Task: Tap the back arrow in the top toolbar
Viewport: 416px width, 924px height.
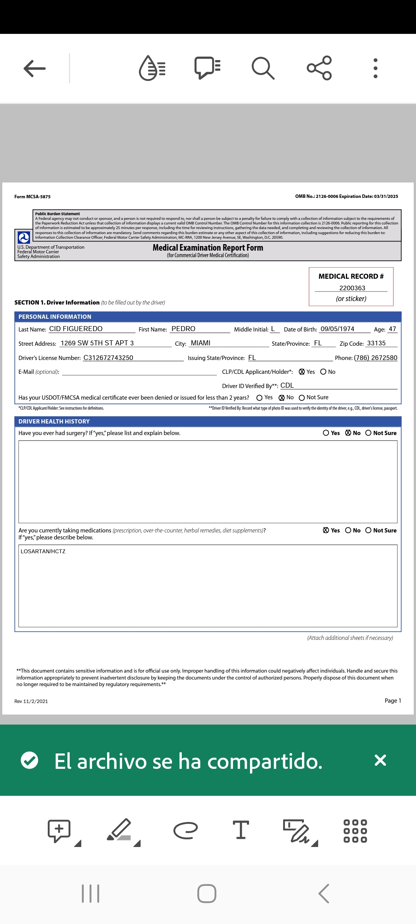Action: (x=35, y=69)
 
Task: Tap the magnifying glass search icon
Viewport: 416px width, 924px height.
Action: (x=263, y=68)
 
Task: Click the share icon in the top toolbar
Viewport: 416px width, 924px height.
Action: (x=319, y=68)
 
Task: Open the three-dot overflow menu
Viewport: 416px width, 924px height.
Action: (x=376, y=68)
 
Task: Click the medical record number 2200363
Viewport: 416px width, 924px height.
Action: (x=352, y=288)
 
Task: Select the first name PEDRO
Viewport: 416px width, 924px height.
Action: (x=183, y=329)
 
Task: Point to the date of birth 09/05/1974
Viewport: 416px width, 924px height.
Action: (x=337, y=329)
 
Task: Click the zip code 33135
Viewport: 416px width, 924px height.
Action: (x=376, y=343)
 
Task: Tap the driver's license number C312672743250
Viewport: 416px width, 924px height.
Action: (x=108, y=358)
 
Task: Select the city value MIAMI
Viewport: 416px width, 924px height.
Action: (x=201, y=343)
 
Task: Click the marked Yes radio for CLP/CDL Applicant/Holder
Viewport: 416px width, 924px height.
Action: (x=302, y=372)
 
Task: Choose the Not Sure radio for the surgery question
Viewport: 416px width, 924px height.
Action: (x=368, y=433)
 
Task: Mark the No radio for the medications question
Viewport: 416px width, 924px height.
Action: (x=348, y=530)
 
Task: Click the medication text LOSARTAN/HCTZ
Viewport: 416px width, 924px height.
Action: (x=43, y=551)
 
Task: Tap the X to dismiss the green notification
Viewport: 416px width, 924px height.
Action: (x=380, y=760)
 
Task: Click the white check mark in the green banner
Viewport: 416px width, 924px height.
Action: (x=30, y=760)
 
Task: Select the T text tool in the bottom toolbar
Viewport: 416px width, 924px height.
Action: (x=241, y=830)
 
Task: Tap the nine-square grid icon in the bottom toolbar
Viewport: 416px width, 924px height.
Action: (x=355, y=831)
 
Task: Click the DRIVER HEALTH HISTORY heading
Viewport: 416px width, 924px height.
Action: (x=54, y=422)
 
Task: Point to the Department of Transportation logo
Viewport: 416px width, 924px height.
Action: (x=24, y=237)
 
